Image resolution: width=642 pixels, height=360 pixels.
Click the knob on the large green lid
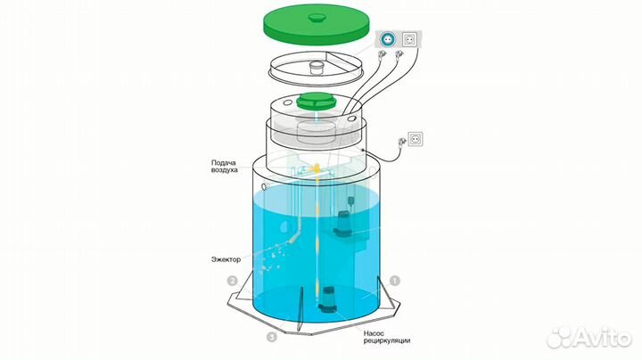(x=317, y=17)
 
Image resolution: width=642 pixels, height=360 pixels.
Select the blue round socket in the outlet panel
(x=387, y=39)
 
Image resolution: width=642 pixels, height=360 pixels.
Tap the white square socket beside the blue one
(x=409, y=39)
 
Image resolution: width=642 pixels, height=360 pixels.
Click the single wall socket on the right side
(x=416, y=139)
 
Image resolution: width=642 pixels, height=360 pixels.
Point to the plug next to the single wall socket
(x=402, y=142)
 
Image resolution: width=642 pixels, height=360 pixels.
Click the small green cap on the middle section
(x=316, y=101)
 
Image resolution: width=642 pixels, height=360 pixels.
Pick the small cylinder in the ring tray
(x=317, y=67)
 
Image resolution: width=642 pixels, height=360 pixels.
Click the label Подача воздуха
(x=225, y=166)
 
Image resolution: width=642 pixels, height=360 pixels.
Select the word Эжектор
(x=226, y=259)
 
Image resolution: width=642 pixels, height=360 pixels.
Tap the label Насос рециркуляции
(x=386, y=337)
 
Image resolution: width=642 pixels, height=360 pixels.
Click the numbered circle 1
(x=394, y=281)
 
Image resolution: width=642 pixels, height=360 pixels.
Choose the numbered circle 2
(x=232, y=281)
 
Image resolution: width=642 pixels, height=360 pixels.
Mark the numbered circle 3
(x=271, y=337)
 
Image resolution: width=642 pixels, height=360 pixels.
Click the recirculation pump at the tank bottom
(x=327, y=299)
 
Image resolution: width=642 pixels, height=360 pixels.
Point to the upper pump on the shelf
(x=343, y=223)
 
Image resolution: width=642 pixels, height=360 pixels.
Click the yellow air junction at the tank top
(x=316, y=168)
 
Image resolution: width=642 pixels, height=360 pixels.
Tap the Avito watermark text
(x=588, y=338)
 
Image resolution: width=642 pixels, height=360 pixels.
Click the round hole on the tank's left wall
(x=265, y=186)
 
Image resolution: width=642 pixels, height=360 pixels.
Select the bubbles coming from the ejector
(x=268, y=257)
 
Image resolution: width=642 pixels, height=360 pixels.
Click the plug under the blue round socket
(x=382, y=55)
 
